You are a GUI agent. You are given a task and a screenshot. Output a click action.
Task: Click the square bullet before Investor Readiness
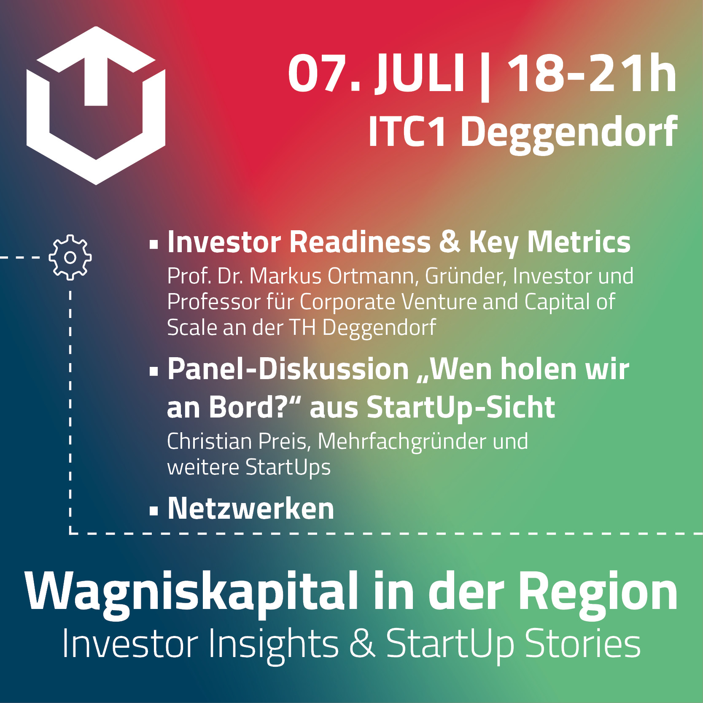154,244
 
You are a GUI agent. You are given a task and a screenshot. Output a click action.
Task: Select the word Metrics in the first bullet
579,242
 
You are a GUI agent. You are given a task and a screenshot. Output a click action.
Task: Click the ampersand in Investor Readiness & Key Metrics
450,242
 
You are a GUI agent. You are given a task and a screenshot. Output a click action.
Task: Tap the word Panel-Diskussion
288,369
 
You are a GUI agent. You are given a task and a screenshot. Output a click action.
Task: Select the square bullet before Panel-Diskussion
154,371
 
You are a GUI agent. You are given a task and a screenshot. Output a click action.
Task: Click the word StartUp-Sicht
461,408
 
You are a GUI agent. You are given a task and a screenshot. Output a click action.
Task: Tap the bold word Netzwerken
251,508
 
